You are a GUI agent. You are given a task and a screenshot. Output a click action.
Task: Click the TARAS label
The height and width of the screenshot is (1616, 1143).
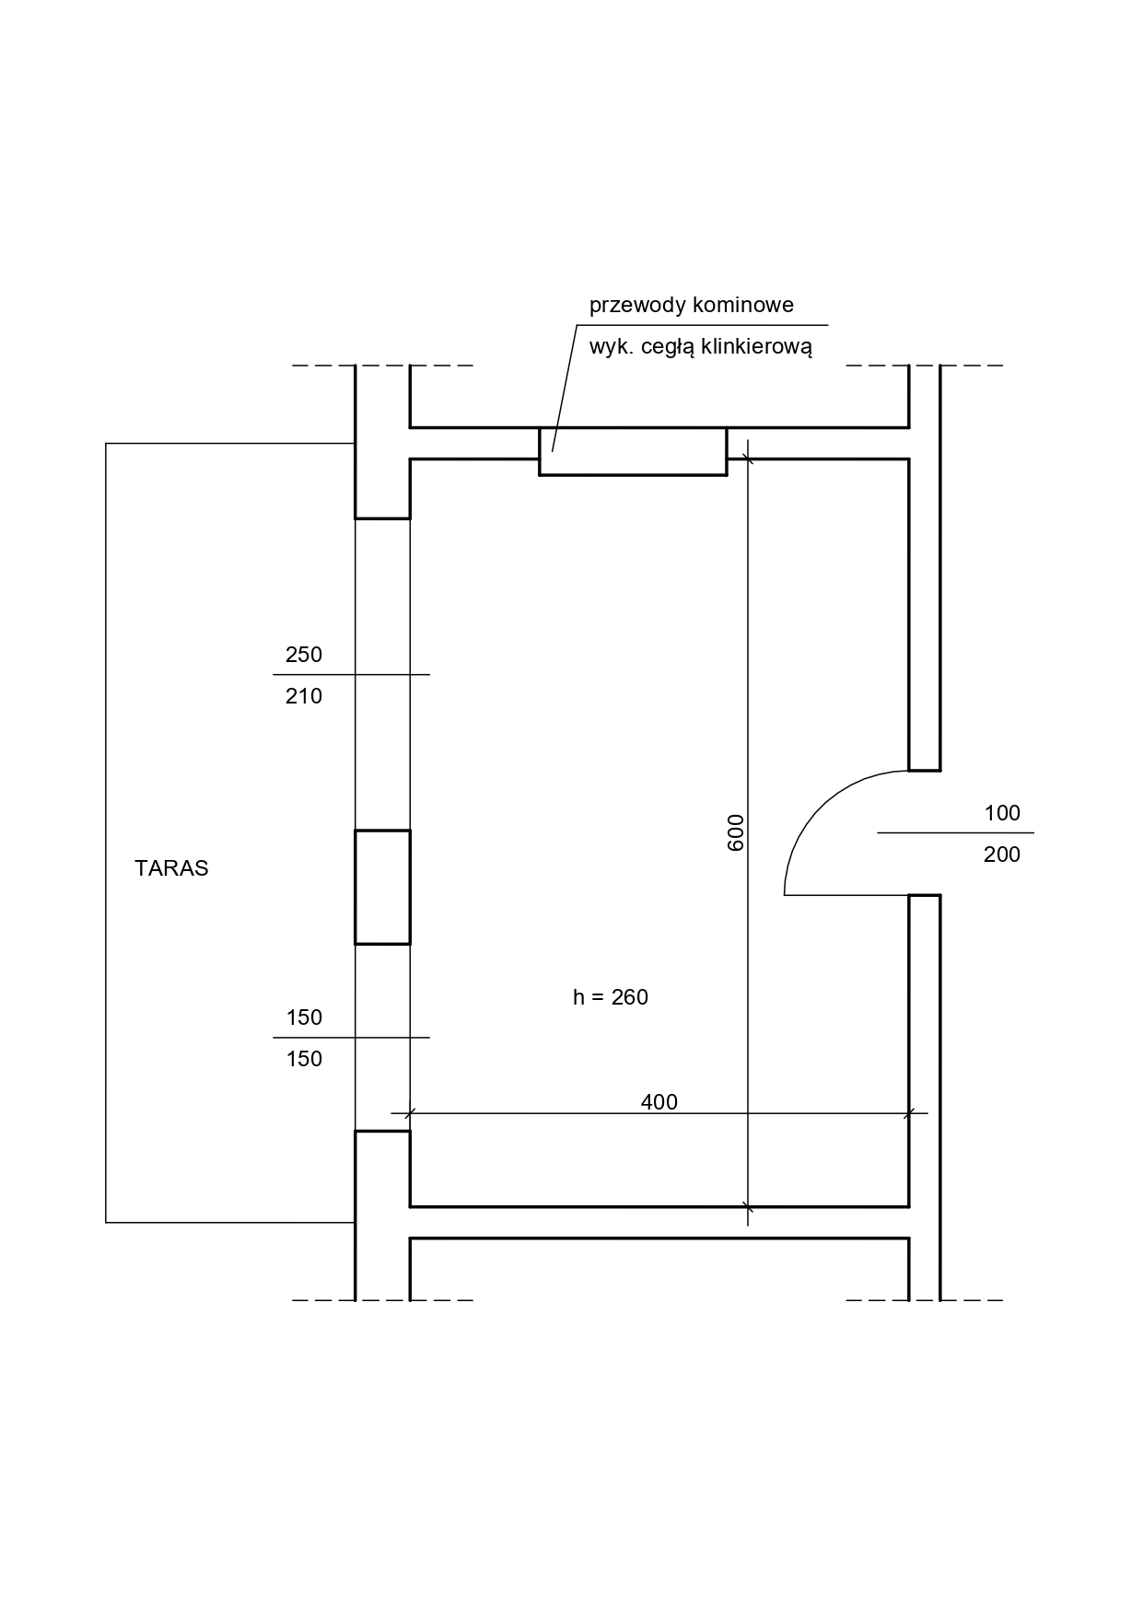tap(171, 868)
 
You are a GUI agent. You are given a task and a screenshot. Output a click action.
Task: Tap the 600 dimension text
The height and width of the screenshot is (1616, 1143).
tap(735, 832)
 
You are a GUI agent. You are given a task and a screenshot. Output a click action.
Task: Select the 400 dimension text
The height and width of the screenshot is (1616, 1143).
tap(659, 1102)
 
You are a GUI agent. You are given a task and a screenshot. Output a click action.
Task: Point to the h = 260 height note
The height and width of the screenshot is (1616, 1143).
tap(611, 997)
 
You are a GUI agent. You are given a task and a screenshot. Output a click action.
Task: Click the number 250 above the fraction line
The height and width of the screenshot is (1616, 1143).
tap(304, 655)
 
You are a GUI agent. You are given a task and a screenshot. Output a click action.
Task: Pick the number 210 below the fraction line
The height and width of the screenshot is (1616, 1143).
tap(304, 696)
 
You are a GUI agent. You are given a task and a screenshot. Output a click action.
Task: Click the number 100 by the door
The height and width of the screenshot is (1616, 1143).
tap(1002, 813)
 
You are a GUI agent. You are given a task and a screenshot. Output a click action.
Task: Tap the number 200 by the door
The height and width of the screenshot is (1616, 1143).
tap(1002, 855)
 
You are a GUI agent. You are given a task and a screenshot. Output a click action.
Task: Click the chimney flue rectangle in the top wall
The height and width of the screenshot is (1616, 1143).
tap(633, 451)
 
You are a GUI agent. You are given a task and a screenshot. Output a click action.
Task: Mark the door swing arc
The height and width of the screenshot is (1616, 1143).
tap(820, 808)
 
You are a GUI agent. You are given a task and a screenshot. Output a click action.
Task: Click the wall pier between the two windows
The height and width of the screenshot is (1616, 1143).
tap(382, 887)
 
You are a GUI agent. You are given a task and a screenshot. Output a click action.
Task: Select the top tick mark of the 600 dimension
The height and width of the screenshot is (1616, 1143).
tap(748, 459)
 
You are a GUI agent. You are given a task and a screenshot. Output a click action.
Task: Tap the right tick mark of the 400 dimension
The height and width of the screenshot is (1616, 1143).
tap(909, 1113)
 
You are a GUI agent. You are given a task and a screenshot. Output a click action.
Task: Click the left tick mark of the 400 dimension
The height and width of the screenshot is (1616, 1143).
tap(410, 1113)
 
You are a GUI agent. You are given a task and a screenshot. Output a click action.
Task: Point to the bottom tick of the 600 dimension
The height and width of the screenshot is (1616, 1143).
tap(748, 1206)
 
